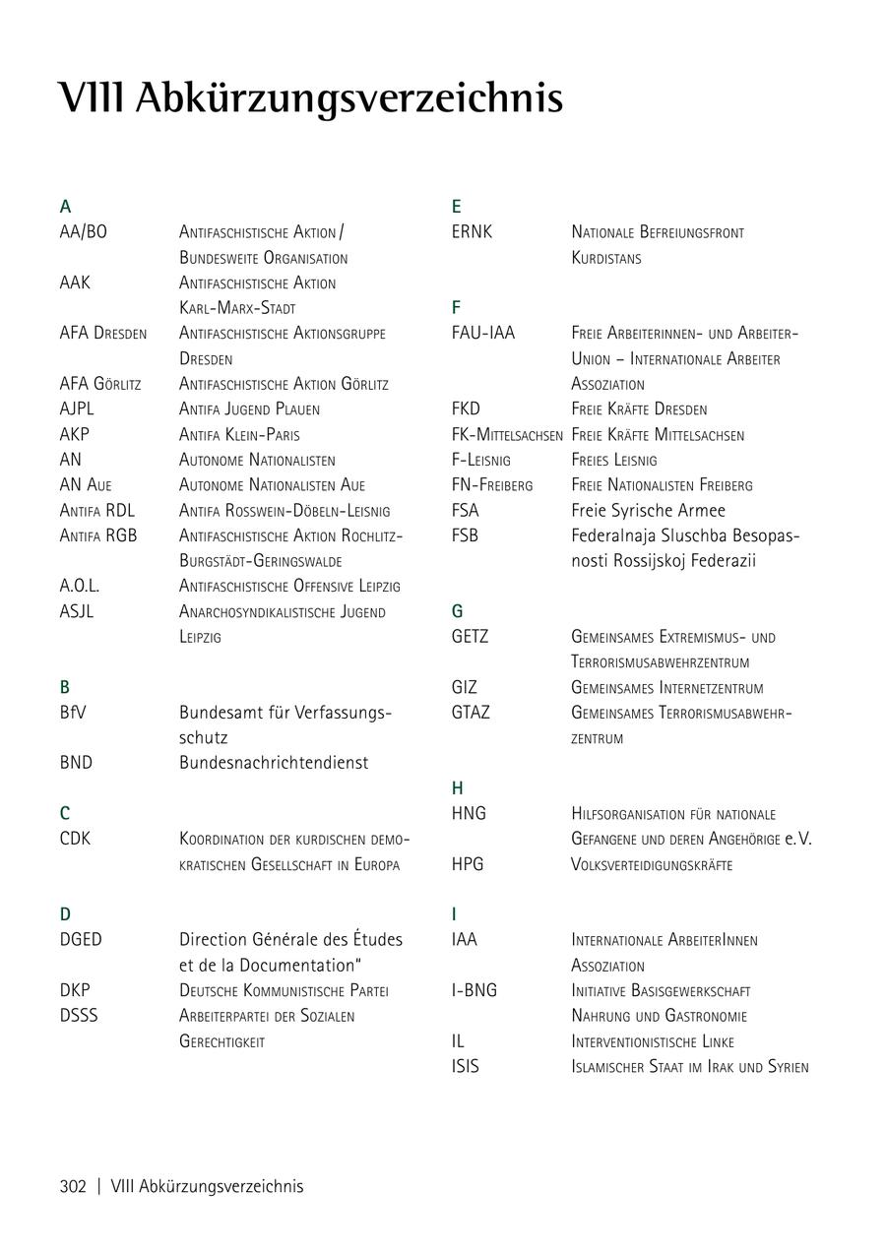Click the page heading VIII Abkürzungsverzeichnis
coord(310,98)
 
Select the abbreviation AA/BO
coord(84,232)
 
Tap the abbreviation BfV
coord(73,712)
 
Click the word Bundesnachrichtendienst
coord(274,763)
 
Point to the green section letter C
coord(65,813)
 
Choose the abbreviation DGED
coord(81,940)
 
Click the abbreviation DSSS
coord(79,1016)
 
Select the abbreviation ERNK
coord(472,232)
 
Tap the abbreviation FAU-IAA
coord(482,334)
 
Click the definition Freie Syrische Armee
coord(648,511)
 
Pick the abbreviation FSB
coord(465,535)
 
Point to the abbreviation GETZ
coord(470,637)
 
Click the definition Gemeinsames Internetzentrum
coord(666,688)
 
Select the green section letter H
coord(458,788)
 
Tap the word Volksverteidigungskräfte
coord(652,865)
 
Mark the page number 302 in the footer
coord(73,1186)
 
